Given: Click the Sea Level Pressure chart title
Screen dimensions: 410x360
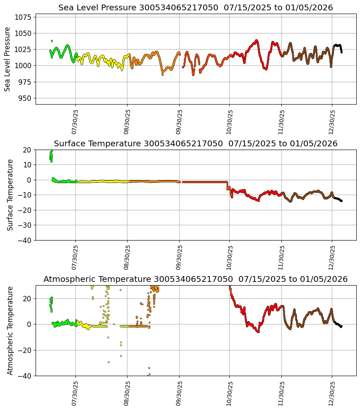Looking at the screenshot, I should click(195, 7).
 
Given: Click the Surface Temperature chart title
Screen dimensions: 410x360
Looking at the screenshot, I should click(195, 143).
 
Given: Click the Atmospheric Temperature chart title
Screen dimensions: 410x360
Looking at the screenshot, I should click(195, 279).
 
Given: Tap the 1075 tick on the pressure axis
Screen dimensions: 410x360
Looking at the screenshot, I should click(23, 17).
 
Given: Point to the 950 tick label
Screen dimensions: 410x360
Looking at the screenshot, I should click(25, 98).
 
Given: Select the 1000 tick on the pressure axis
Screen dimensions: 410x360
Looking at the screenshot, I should click(23, 66).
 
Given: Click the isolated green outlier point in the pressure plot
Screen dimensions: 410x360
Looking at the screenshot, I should click(52, 41).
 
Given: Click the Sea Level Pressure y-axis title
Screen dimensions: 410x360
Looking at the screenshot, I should click(7, 59).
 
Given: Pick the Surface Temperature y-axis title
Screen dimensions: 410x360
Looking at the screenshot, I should click(10, 195).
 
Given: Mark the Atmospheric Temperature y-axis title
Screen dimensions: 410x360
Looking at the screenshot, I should click(10, 330).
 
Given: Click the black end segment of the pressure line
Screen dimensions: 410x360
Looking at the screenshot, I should click(338, 46).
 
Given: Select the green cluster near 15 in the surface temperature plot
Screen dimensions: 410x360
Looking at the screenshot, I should click(51, 156).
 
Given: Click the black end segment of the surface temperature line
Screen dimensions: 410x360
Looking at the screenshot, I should click(338, 199).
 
